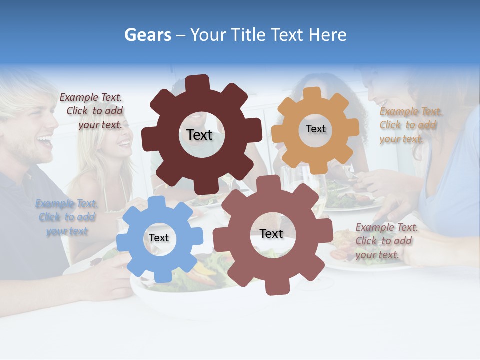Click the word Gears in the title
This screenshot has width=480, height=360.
coord(147,35)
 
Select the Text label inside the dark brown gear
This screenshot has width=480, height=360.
coord(199,135)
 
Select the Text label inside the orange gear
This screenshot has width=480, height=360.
coord(315,129)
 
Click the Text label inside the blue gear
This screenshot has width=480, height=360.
coord(159,238)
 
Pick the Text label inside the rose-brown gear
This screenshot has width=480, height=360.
coord(271,233)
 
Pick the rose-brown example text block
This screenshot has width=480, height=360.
coord(386,241)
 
